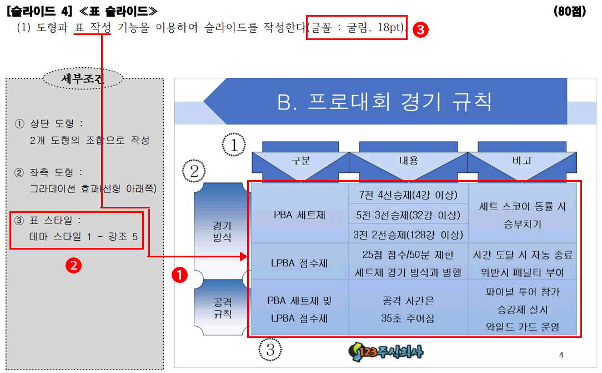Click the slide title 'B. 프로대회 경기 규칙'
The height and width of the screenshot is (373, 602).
[x=384, y=102]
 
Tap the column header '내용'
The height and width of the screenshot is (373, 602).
[x=408, y=161]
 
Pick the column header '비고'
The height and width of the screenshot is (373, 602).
[x=521, y=161]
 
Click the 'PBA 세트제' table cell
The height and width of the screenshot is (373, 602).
[x=300, y=214]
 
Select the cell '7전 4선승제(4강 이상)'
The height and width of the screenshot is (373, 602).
[x=408, y=195]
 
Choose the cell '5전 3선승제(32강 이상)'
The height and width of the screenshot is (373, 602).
[x=408, y=215]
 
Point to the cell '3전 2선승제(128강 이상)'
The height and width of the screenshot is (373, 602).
[x=408, y=234]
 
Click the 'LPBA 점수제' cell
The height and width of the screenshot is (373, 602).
[x=300, y=261]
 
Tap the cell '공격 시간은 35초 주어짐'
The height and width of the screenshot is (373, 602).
[x=408, y=310]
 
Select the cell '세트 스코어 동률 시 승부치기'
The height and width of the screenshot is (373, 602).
[x=522, y=215]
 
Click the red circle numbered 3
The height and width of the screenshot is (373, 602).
[x=421, y=31]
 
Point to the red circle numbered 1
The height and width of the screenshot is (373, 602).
[x=179, y=275]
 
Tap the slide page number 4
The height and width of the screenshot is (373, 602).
[x=561, y=355]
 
